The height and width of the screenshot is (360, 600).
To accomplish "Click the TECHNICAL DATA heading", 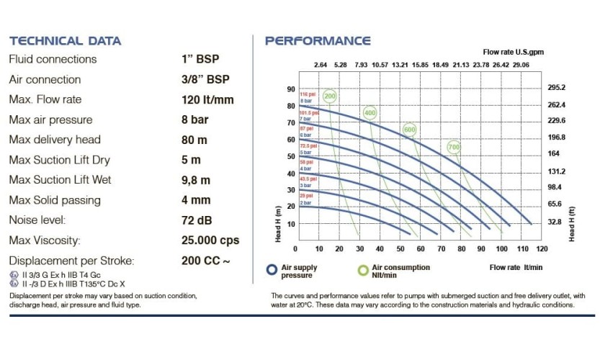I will [x=65, y=41].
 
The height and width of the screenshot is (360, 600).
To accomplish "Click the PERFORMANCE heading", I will [x=318, y=41].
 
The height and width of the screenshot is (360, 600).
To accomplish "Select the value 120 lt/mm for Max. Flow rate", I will [x=208, y=99].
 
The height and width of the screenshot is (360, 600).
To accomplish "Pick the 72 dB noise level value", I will [x=197, y=220].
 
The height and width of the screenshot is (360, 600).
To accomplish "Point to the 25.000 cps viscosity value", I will [x=210, y=240].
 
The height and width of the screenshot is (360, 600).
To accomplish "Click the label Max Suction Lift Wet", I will [x=60, y=180].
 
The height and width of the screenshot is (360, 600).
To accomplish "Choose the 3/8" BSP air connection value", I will [x=206, y=79].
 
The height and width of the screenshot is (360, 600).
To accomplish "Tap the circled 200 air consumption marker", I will [x=330, y=96].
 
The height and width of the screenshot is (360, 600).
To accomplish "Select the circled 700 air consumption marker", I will [x=454, y=147].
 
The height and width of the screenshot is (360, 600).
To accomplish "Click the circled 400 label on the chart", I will [x=370, y=113].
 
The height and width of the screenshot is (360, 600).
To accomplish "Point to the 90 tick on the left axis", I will [x=291, y=89].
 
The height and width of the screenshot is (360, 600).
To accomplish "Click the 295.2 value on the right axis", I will [x=557, y=88].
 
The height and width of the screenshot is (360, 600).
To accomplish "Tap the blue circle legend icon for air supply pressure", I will [x=272, y=271].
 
